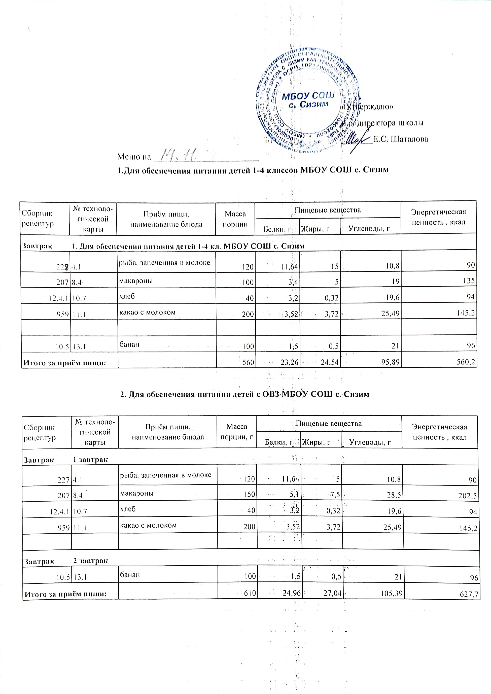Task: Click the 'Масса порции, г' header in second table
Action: click(x=237, y=432)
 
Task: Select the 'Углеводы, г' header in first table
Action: click(x=369, y=229)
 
